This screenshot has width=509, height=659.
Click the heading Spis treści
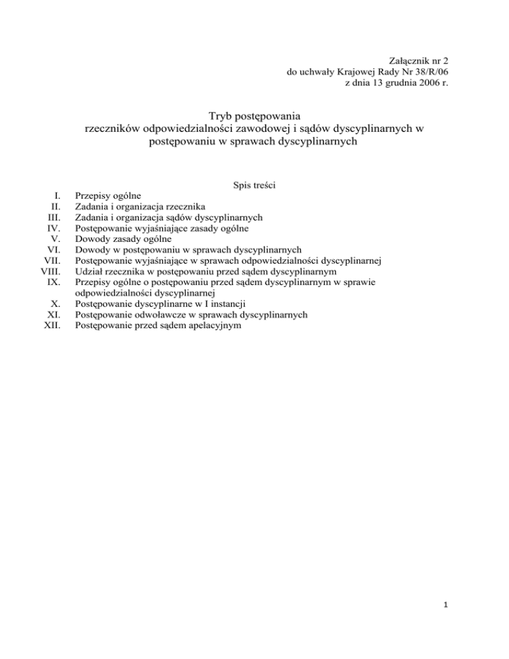tap(254, 187)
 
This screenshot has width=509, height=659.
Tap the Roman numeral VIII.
tap(50, 271)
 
